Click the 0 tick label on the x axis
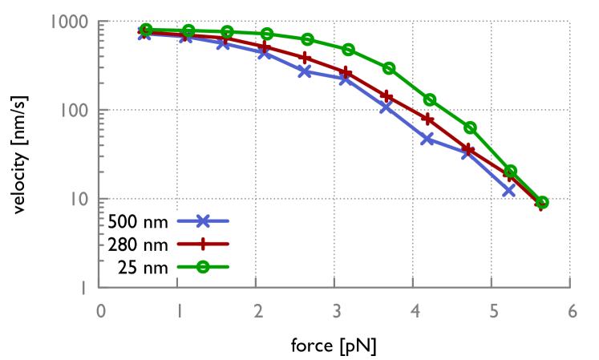101,311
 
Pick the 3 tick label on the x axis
335,311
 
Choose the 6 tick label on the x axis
571,311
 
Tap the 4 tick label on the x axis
414,311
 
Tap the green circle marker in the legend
203,268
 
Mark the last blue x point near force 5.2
508,190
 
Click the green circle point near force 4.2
430,99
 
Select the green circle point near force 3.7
389,68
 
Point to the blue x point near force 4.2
427,139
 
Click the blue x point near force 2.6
305,71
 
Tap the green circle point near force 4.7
470,127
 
